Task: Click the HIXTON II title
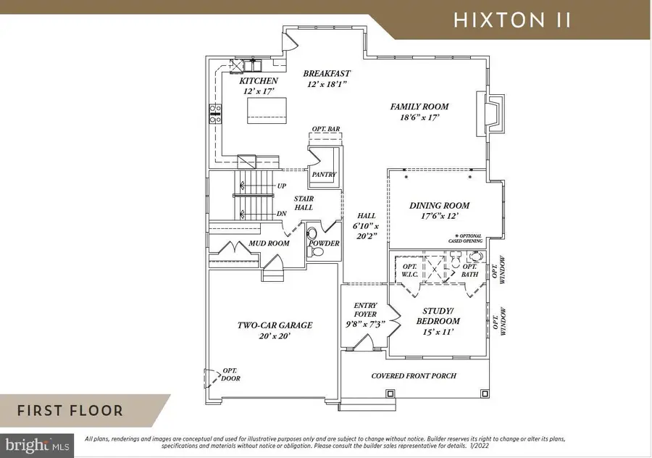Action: tap(512, 20)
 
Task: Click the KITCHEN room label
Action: tap(258, 81)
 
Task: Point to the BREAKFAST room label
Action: tap(327, 73)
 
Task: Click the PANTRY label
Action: tap(323, 175)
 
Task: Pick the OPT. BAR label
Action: tap(325, 129)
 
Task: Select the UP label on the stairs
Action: tap(281, 186)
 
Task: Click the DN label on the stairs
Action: tap(281, 213)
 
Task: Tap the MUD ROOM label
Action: tap(269, 243)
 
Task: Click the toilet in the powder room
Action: tap(312, 234)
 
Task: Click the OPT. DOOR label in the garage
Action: tap(231, 375)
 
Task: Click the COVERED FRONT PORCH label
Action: tap(412, 376)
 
